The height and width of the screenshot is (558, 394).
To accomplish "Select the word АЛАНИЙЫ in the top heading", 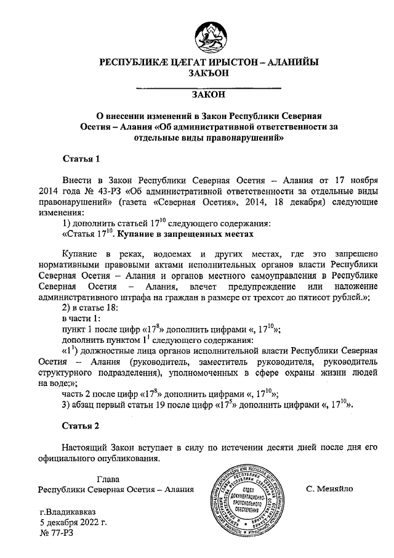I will coord(288,62).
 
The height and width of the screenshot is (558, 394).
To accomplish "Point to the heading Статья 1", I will coord(81,158).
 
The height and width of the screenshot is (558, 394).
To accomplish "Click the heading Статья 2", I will coord(81,425).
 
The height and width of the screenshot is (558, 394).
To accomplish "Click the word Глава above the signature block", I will coord(108,479).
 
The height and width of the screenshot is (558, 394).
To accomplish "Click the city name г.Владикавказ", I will coord(70,512).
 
